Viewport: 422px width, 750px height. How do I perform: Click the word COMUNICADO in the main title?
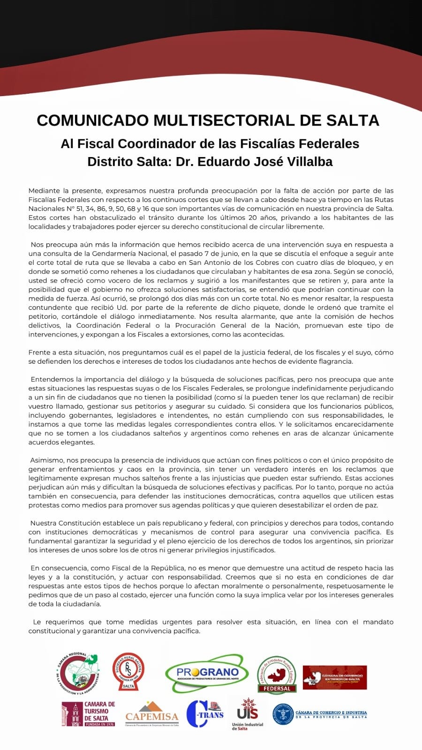coord(92,120)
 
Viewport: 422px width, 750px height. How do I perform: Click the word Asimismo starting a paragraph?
coord(46,460)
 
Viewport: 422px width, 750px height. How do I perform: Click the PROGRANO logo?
coord(206,674)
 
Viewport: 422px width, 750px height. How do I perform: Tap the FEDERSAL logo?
coord(277,674)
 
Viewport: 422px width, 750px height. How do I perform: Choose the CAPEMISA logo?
coord(152,714)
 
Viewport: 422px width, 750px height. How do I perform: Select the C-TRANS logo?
coord(205,713)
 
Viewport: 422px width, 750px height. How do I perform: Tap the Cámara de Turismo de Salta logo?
coord(89,714)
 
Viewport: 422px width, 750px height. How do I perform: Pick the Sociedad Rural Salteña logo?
coord(128,672)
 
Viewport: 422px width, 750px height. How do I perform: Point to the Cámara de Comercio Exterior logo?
coord(335,677)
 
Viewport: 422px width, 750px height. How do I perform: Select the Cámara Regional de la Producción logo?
coord(78,674)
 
